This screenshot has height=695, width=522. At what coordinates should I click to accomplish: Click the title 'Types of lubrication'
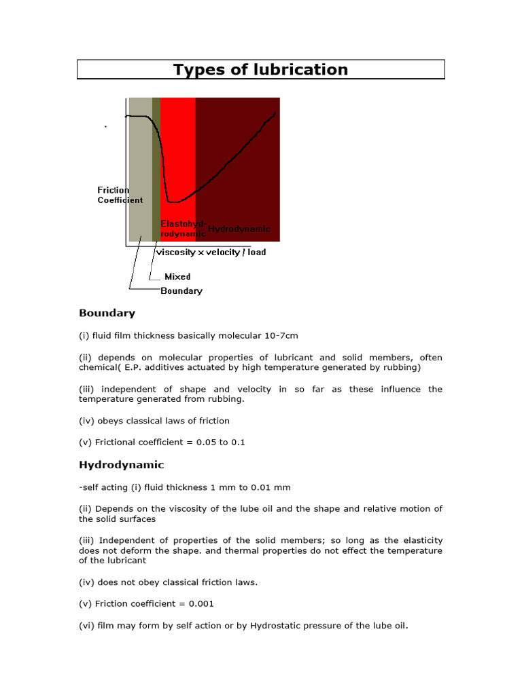click(260, 70)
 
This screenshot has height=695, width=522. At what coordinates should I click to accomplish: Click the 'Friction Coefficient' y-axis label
click(120, 195)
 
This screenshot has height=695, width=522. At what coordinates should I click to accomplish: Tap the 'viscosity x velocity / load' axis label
click(211, 252)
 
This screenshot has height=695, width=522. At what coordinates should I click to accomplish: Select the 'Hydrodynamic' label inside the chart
click(239, 229)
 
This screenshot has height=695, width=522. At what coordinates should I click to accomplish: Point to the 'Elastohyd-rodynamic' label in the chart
click(182, 229)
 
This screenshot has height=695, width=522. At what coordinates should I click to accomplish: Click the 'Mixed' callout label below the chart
click(177, 277)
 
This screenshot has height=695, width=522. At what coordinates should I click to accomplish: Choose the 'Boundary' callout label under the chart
click(181, 291)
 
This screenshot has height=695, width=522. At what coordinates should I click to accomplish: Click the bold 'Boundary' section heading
click(107, 314)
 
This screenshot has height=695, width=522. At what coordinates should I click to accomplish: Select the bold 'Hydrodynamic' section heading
click(121, 466)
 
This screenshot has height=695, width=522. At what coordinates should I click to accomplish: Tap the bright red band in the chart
click(178, 149)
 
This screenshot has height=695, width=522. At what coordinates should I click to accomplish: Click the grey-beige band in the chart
click(140, 170)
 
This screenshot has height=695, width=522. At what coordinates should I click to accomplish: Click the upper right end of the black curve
click(275, 113)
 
